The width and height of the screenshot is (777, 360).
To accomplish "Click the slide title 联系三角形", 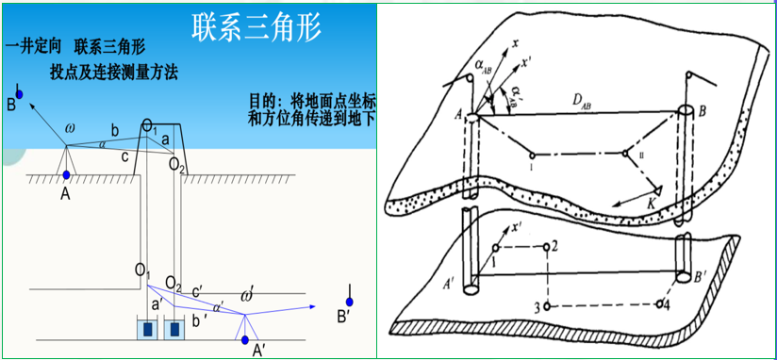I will point(256,25).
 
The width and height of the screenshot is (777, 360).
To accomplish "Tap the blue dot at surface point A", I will point(66,175).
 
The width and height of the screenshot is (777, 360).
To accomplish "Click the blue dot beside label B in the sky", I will point(19,94).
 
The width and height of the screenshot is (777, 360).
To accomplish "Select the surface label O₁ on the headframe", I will point(151,124).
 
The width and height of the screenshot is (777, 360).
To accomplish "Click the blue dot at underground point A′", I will point(246,339).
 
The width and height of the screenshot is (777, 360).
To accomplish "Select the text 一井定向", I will point(33,45).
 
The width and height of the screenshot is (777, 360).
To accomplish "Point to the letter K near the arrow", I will point(648,204).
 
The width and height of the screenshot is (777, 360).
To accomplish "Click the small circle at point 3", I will point(548,307).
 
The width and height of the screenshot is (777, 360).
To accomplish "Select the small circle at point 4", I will point(659,304).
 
